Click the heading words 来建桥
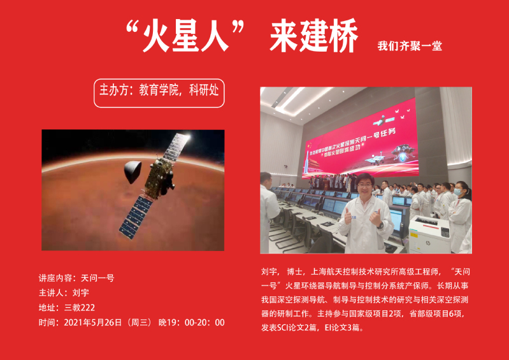tap(314, 36)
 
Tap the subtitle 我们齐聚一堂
tap(410, 46)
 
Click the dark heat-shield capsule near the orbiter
tap(133, 171)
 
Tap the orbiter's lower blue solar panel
tap(135, 216)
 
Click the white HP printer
tap(429, 233)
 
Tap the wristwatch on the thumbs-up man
tap(381, 225)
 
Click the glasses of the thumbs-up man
tap(365, 185)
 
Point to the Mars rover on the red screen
tap(375, 159)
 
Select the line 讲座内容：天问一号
tap(76, 278)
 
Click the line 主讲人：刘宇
tap(64, 293)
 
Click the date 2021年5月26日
tap(93, 322)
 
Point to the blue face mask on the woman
tap(457, 192)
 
